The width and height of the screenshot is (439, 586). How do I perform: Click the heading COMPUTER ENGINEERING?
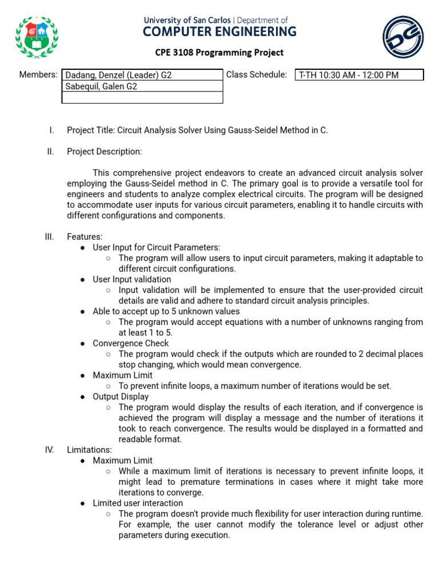point(219,31)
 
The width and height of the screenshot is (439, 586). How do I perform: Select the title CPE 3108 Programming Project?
point(219,53)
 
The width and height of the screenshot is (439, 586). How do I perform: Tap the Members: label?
point(38,74)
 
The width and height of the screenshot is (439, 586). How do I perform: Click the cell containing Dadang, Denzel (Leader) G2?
point(142,75)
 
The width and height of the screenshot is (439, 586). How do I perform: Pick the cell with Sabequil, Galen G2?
point(142,86)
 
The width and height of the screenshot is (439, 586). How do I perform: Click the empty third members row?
point(142,97)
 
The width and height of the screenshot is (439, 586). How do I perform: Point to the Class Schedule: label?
point(257,74)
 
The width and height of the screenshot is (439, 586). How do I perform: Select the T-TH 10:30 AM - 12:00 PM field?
point(359,75)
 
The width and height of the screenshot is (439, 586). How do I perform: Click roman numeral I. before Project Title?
point(51,130)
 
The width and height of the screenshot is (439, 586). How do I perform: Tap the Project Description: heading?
point(104,152)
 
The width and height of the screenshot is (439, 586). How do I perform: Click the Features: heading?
point(85,237)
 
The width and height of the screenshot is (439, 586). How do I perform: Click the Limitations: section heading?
point(90,450)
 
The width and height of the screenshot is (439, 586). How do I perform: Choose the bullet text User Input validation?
point(131,279)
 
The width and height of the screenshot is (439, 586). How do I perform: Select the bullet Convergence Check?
point(130,343)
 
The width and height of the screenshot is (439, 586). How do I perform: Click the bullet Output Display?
point(121,397)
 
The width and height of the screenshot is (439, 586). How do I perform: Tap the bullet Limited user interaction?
point(138,503)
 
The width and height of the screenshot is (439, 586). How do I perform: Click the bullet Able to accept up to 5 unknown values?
point(166,311)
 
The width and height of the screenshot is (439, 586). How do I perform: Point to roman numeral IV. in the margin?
point(49,450)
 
